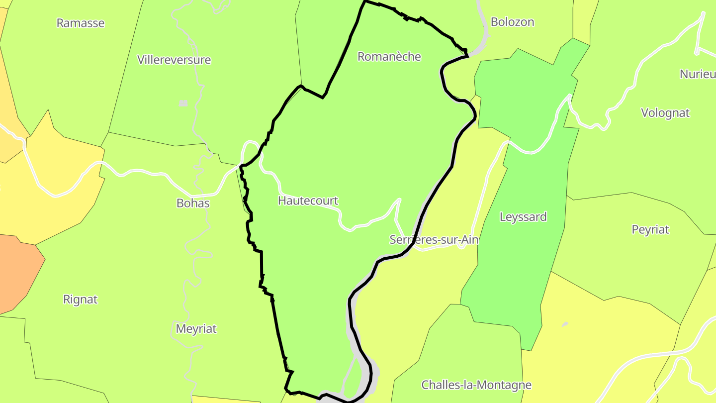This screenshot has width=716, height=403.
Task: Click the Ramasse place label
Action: [81, 23]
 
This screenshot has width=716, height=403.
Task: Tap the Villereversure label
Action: [174, 60]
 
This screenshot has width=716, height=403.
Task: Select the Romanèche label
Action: [389, 57]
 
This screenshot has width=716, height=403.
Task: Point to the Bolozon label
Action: [512, 22]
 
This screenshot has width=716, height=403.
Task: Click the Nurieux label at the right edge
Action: [697, 74]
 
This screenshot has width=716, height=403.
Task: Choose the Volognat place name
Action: [665, 113]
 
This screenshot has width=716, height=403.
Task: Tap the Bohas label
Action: [193, 203]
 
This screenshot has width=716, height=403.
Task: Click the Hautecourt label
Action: [308, 201]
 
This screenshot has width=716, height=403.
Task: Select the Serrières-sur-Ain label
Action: [434, 240]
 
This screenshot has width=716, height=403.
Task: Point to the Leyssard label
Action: [523, 217]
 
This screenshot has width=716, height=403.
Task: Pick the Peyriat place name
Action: [650, 230]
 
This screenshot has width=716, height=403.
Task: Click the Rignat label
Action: [81, 300]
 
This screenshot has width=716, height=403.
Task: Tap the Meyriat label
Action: [196, 329]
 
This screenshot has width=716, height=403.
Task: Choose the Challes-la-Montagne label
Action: [476, 385]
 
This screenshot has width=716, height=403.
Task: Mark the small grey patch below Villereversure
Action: [183, 103]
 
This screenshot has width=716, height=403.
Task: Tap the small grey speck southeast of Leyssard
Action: [565, 324]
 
